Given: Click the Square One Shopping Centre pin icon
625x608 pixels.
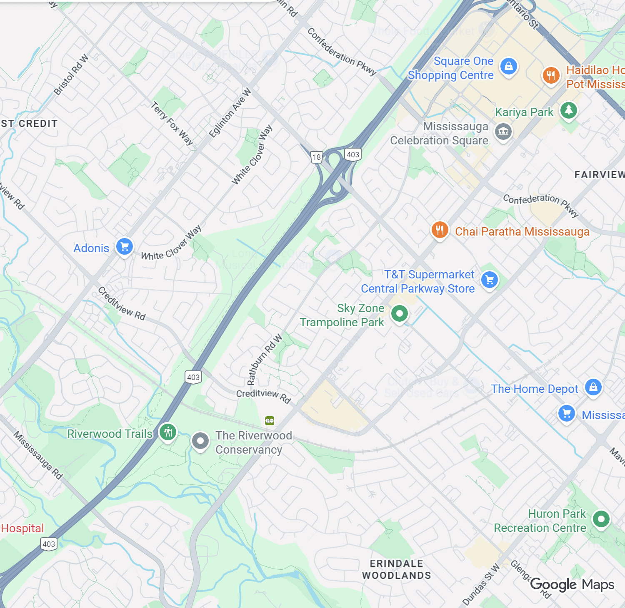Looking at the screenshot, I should pos(508,67).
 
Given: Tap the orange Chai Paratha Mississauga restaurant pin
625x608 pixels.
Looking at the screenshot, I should pos(440,230).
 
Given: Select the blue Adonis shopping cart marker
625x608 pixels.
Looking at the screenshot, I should pos(124,247).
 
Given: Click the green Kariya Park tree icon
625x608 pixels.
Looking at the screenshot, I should pos(568,110).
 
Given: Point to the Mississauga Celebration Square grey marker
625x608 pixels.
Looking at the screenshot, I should pos(503,132).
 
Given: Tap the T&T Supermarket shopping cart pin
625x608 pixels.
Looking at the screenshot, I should pos(490,280).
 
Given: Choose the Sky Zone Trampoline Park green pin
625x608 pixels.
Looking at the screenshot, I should pos(399,313).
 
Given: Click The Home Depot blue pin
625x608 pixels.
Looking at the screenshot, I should pos(593,387).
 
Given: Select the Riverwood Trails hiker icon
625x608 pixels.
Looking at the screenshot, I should pos(168,432).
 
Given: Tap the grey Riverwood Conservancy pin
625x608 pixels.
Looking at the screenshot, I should pos(200,441).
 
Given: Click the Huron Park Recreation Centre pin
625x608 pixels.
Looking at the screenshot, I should pos(601,519).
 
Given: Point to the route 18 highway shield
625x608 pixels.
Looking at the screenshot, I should pos(317,157).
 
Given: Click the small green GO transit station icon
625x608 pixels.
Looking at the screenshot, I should pos(270,421).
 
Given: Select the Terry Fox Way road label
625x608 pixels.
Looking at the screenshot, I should pos(172,123).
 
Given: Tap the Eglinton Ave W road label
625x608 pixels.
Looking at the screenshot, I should pos(230,113).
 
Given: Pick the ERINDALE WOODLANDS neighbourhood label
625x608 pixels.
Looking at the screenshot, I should pos(396,569).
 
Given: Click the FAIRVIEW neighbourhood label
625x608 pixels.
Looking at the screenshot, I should pos(599,175).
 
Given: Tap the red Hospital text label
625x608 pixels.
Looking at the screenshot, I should pos(22,528).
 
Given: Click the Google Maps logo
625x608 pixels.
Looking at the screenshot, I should pos(572,585).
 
